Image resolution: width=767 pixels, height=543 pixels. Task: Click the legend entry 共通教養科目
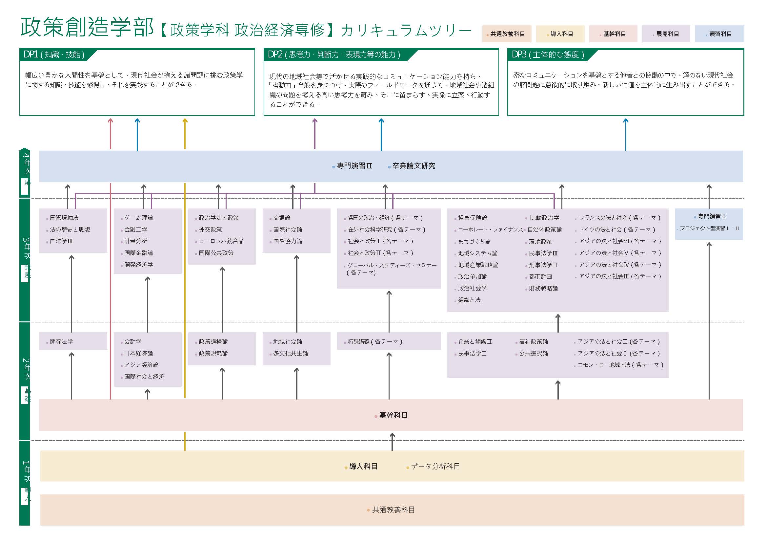[x=507, y=34]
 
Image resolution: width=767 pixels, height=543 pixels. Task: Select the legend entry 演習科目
[x=719, y=34]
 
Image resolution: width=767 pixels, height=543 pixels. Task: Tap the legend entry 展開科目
[x=666, y=34]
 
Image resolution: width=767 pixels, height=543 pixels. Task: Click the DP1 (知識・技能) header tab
[x=54, y=54]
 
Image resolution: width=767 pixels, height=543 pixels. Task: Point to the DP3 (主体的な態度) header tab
[x=548, y=54]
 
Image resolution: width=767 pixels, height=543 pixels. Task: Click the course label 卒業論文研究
[x=413, y=166]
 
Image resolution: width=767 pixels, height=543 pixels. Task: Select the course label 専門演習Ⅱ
[x=354, y=166]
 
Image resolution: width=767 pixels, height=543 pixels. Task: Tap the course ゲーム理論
[x=138, y=218]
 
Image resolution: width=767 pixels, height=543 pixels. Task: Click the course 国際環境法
[x=64, y=218]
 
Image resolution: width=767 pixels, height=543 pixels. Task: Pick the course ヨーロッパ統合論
[x=221, y=241]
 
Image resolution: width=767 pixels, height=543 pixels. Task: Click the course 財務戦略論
[x=543, y=288]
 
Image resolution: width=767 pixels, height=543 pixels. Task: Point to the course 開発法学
[x=61, y=341]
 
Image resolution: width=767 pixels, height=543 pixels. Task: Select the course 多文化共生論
[x=290, y=354]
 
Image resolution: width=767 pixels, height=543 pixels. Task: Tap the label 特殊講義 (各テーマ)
[x=375, y=341]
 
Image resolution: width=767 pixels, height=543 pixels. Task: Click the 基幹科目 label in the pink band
[x=393, y=415]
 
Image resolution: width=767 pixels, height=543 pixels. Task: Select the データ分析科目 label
[x=435, y=467]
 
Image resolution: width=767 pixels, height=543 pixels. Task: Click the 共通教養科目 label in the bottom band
[x=393, y=510]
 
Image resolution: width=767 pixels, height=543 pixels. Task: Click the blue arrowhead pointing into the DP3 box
[x=626, y=121]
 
